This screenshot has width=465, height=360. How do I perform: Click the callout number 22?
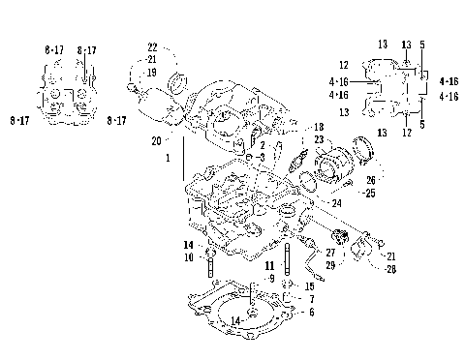tap(152, 47)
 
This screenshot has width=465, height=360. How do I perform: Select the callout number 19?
tap(152, 72)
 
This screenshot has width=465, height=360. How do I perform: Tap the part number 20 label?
tap(157, 140)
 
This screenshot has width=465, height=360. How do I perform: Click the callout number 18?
tap(318, 128)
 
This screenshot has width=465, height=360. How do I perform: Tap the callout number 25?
tap(342, 193)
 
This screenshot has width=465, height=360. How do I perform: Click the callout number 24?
tap(336, 204)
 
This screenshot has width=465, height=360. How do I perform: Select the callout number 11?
tap(270, 264)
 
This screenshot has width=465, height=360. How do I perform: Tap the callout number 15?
tap(309, 287)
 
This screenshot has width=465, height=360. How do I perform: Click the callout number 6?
tap(310, 313)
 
